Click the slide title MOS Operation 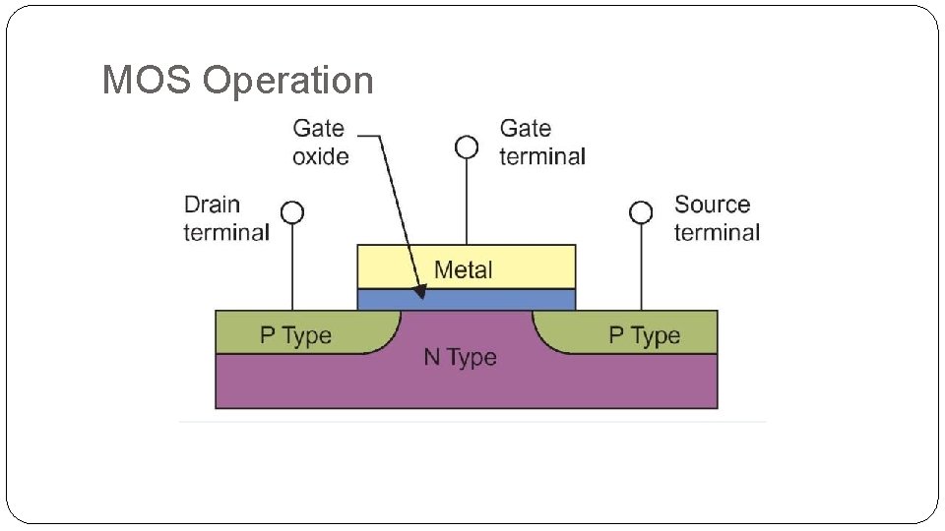coord(237,81)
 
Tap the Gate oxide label coord(320,142)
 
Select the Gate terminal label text coord(541,142)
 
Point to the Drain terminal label coord(226,218)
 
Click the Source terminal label coord(717,218)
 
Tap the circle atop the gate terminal coord(467,147)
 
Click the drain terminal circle coord(292,212)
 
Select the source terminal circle coord(641,212)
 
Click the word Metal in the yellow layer coord(463,269)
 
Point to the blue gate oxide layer coord(512,299)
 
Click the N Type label coord(460,357)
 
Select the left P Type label coord(295,335)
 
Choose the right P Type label coord(644,335)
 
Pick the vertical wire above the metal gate coord(467,203)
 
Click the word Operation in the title coord(288,81)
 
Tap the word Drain coord(212,205)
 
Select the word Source coord(712,205)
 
